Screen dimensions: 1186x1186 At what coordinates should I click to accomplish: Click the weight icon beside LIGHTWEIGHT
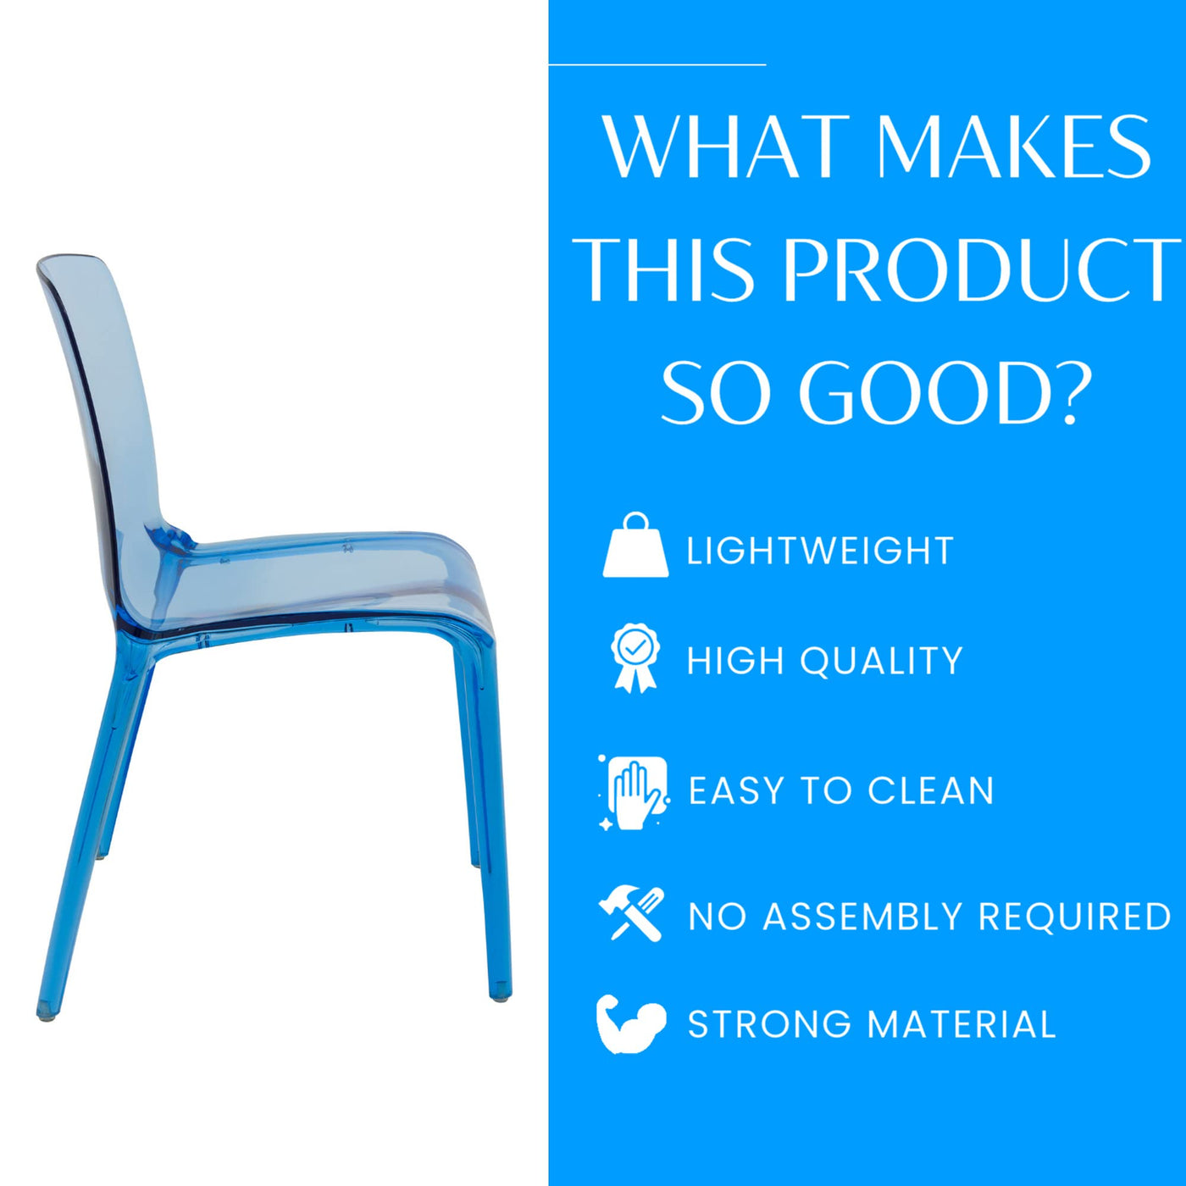pyautogui.click(x=635, y=545)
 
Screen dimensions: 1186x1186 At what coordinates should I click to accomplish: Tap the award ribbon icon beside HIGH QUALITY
pyautogui.click(x=635, y=657)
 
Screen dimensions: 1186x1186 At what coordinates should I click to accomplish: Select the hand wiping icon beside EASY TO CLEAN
pyautogui.click(x=634, y=792)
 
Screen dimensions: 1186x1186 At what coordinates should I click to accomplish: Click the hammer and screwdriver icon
pyautogui.click(x=631, y=913)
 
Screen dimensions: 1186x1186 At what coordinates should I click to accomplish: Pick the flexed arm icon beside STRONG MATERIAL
pyautogui.click(x=631, y=1025)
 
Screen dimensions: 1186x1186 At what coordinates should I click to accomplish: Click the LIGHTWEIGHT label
pyautogui.click(x=820, y=551)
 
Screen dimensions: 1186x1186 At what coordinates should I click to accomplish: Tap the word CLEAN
pyautogui.click(x=931, y=790)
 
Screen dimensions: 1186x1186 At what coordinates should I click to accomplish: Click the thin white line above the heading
pyautogui.click(x=657, y=64)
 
